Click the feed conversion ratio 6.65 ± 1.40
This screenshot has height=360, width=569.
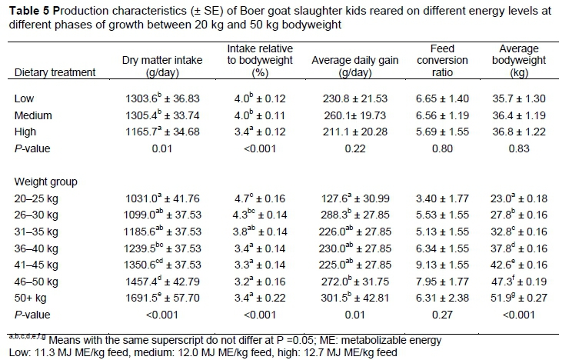[x=455, y=98]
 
